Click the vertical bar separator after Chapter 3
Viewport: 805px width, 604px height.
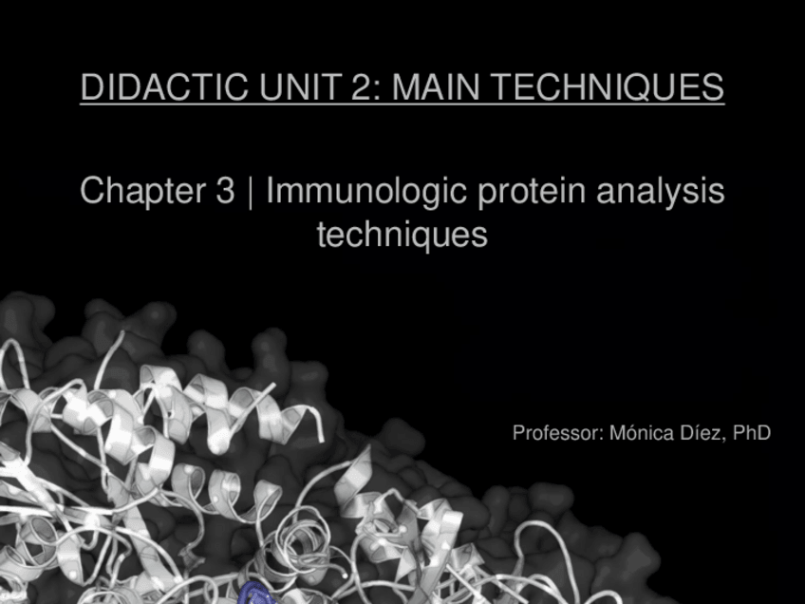click(x=251, y=191)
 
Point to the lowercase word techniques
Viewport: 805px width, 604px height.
click(x=402, y=234)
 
